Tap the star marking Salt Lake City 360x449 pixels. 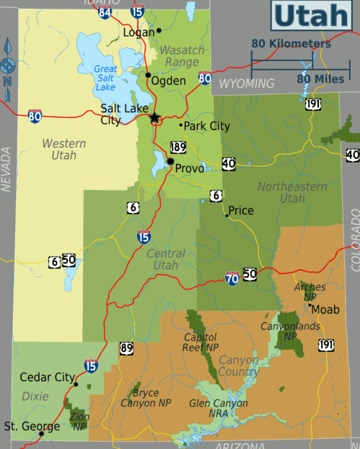[154, 117]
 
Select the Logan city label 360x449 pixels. [139, 32]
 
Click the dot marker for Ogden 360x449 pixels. [148, 74]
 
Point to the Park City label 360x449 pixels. [207, 126]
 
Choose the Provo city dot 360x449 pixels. [170, 161]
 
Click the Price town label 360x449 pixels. [241, 211]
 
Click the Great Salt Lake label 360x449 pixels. [105, 78]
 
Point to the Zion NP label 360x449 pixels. [78, 420]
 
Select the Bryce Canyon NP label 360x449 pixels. [150, 398]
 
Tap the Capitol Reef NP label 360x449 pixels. [202, 341]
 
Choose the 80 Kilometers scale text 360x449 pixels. [291, 44]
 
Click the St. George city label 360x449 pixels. [22, 427]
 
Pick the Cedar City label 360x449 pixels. [47, 377]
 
